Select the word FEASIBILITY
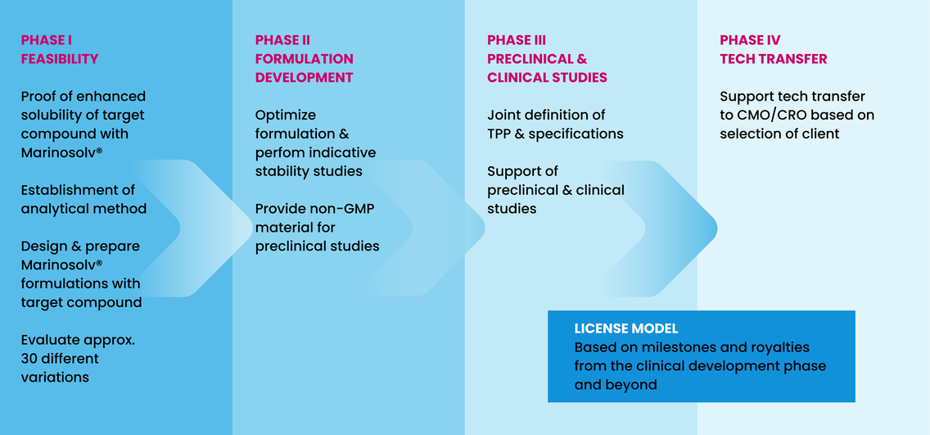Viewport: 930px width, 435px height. click(x=60, y=59)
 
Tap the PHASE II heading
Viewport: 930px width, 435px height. click(x=282, y=40)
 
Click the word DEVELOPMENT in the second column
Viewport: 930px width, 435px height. click(x=305, y=77)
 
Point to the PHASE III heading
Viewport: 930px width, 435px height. click(x=517, y=40)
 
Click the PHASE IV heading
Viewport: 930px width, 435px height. click(x=750, y=40)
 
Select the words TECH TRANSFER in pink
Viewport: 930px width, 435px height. click(x=774, y=59)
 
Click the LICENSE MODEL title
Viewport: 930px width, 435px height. click(x=625, y=329)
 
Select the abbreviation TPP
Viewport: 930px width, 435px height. click(x=499, y=134)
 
